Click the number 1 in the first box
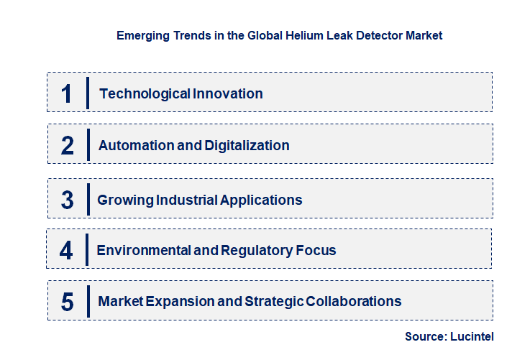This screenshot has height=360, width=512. (x=67, y=93)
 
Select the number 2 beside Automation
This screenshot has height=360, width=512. (x=67, y=145)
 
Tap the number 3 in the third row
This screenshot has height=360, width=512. (x=67, y=200)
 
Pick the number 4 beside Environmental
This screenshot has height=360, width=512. (x=66, y=251)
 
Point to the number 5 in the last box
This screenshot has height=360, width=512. (x=67, y=302)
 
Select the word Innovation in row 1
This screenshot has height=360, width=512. (x=228, y=93)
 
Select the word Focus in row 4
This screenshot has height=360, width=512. (x=316, y=251)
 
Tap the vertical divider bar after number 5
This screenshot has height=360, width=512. (x=87, y=300)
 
